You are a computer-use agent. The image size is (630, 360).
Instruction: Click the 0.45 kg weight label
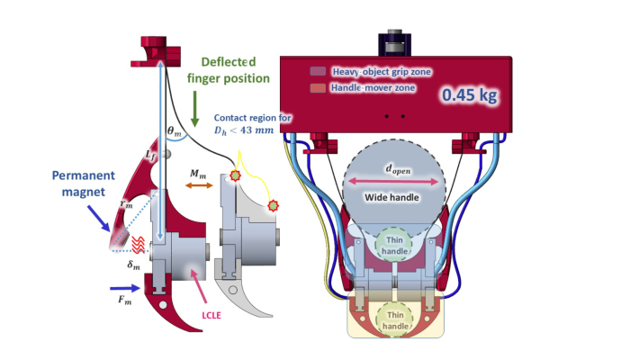click(469, 95)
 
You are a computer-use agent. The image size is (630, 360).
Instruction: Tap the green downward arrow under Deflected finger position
click(195, 109)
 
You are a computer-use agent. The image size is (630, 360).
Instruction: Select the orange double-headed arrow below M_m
click(199, 185)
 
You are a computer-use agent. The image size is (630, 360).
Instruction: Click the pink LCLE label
click(211, 315)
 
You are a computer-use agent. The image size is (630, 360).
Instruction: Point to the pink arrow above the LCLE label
click(199, 285)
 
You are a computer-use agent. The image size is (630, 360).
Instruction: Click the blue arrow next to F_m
click(125, 288)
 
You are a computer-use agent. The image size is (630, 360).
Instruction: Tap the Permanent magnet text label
click(84, 184)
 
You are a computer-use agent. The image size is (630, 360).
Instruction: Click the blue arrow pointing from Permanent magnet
click(99, 218)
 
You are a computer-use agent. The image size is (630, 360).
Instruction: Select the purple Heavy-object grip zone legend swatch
click(318, 71)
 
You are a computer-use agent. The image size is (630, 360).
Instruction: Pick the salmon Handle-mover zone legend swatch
click(318, 88)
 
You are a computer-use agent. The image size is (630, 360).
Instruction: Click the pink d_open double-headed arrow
click(393, 182)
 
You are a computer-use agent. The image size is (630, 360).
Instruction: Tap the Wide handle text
click(391, 197)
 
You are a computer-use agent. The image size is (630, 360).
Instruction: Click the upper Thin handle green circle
click(394, 245)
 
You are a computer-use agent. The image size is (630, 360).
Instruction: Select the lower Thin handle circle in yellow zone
click(395, 320)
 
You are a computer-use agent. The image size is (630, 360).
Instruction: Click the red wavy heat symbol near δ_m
click(139, 245)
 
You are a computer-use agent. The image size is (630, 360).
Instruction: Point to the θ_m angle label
click(175, 131)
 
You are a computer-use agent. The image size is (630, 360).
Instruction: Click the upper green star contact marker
click(235, 175)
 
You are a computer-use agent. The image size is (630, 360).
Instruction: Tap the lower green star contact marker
click(274, 206)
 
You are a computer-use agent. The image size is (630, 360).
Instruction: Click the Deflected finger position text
click(229, 70)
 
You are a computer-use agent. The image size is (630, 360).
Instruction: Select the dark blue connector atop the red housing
click(394, 43)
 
